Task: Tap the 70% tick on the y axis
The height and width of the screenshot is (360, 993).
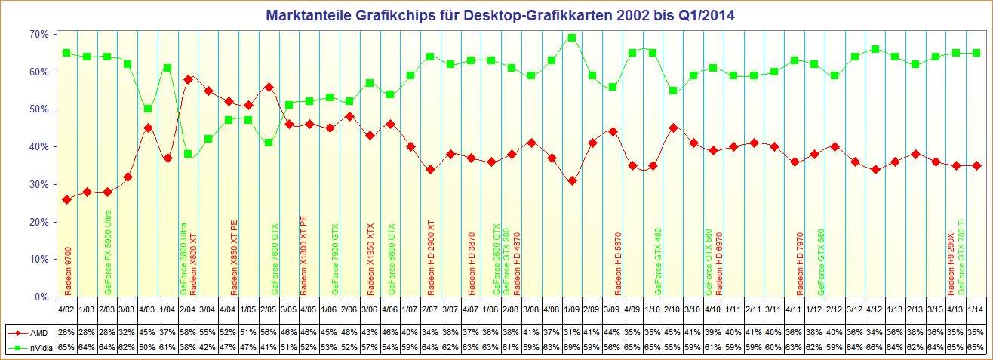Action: tap(39, 34)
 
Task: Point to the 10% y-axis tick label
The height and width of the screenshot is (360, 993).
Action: tap(39, 259)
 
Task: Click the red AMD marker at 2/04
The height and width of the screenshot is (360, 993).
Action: tap(188, 79)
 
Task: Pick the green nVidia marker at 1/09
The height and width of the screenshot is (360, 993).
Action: tap(572, 38)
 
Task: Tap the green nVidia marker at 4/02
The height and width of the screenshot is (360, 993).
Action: tap(66, 53)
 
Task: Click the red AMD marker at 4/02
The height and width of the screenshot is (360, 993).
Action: tap(66, 199)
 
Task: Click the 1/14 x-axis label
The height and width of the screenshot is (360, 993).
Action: tap(975, 309)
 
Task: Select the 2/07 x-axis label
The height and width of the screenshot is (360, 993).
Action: tap(430, 309)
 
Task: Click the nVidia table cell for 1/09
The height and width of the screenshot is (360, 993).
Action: tap(572, 347)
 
